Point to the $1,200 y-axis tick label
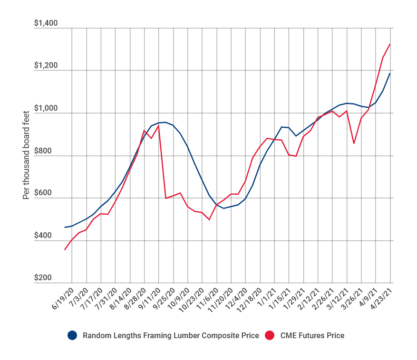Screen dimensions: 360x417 [x=46, y=66]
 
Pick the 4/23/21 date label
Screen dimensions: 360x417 [x=382, y=298]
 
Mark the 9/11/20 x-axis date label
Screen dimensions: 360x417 [x=150, y=298]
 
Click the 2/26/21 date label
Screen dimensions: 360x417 [x=324, y=298]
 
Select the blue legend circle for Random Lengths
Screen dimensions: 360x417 [x=72, y=335]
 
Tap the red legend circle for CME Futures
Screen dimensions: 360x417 [x=269, y=335]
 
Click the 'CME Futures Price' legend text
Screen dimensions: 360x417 [x=312, y=335]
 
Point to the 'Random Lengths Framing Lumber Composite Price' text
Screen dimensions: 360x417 [x=171, y=335]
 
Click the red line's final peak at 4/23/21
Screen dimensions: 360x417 [x=390, y=44]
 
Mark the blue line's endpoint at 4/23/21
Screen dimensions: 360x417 [x=390, y=73]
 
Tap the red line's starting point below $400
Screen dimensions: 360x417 [x=65, y=249]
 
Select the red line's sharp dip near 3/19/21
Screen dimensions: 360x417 [x=354, y=143]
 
